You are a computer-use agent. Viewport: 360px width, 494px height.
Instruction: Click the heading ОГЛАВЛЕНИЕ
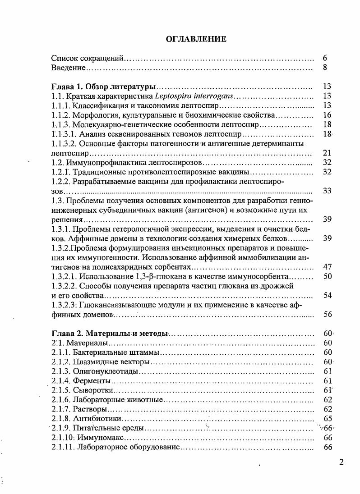(196, 39)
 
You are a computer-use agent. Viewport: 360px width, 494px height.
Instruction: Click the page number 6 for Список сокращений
(325, 58)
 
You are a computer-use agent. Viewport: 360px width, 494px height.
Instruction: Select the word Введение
(68, 68)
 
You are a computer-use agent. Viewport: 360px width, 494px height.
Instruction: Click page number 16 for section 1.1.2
(328, 115)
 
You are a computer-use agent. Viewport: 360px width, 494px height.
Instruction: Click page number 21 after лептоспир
(328, 153)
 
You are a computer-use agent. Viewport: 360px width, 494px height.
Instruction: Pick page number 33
(328, 191)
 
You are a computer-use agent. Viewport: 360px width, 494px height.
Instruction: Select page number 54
(328, 295)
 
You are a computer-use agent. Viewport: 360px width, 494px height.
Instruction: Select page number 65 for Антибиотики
(328, 419)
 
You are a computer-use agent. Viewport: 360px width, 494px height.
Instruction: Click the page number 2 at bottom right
(342, 462)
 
